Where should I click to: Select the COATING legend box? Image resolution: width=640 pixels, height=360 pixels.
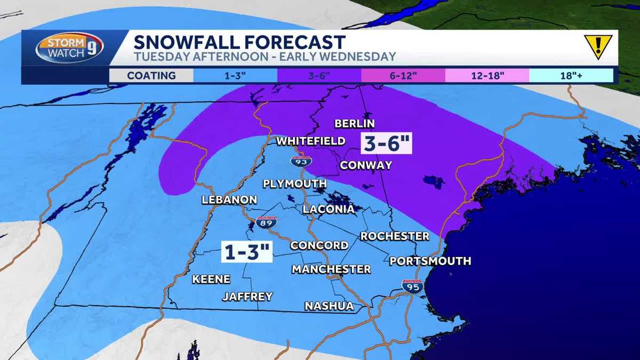pyautogui.click(x=151, y=75)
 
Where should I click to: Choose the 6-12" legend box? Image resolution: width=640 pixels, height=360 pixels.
pyautogui.click(x=403, y=75)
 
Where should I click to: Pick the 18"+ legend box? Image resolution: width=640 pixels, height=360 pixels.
pyautogui.click(x=571, y=75)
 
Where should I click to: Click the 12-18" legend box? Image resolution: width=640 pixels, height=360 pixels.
pyautogui.click(x=487, y=75)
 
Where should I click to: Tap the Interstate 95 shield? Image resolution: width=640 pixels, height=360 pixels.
pyautogui.click(x=412, y=286)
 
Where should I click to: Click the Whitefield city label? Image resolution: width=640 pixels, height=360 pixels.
pyautogui.click(x=310, y=141)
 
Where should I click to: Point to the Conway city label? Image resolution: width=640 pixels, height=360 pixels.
pyautogui.click(x=366, y=165)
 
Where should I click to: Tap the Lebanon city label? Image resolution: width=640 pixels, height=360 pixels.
pyautogui.click(x=229, y=200)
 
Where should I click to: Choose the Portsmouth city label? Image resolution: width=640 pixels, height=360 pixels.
pyautogui.click(x=430, y=261)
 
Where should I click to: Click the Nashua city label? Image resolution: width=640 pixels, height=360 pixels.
pyautogui.click(x=329, y=306)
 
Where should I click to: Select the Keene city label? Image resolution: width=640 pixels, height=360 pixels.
pyautogui.click(x=211, y=279)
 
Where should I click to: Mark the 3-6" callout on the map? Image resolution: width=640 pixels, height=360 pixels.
pyautogui.click(x=387, y=143)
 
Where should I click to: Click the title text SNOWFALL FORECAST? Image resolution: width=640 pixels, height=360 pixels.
pyautogui.click(x=239, y=42)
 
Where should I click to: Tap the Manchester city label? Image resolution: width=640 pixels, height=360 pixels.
pyautogui.click(x=331, y=269)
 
